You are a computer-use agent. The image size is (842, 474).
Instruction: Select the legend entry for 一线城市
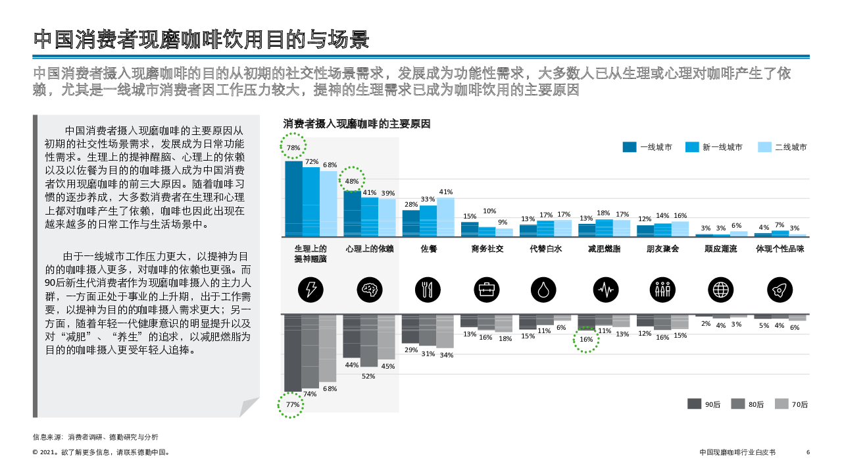point(647,147)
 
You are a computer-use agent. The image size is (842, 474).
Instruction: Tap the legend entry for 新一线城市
point(714,147)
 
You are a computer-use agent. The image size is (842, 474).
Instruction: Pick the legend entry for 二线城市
point(782,147)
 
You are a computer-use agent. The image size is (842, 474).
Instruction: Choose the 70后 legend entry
point(791,404)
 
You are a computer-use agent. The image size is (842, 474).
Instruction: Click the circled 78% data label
point(293,147)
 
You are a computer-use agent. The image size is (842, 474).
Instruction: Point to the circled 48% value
point(352,181)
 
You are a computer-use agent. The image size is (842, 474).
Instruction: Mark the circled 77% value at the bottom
point(292,405)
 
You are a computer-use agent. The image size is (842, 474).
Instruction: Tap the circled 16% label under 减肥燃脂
point(586,340)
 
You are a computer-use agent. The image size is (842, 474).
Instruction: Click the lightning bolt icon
point(310,289)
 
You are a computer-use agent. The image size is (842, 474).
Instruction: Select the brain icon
point(370,289)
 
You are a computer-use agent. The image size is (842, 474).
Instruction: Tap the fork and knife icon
point(428,289)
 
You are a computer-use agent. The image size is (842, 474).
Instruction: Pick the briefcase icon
point(487,289)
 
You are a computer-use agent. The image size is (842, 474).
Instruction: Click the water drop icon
point(543,289)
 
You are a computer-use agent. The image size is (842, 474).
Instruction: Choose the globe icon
point(720,289)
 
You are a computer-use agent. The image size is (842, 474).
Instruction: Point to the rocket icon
point(780,289)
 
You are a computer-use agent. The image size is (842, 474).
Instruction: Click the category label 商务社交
point(487,249)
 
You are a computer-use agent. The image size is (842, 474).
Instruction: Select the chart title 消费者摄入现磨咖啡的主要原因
point(357,124)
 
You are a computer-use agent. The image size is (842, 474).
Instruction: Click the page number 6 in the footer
point(808,452)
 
